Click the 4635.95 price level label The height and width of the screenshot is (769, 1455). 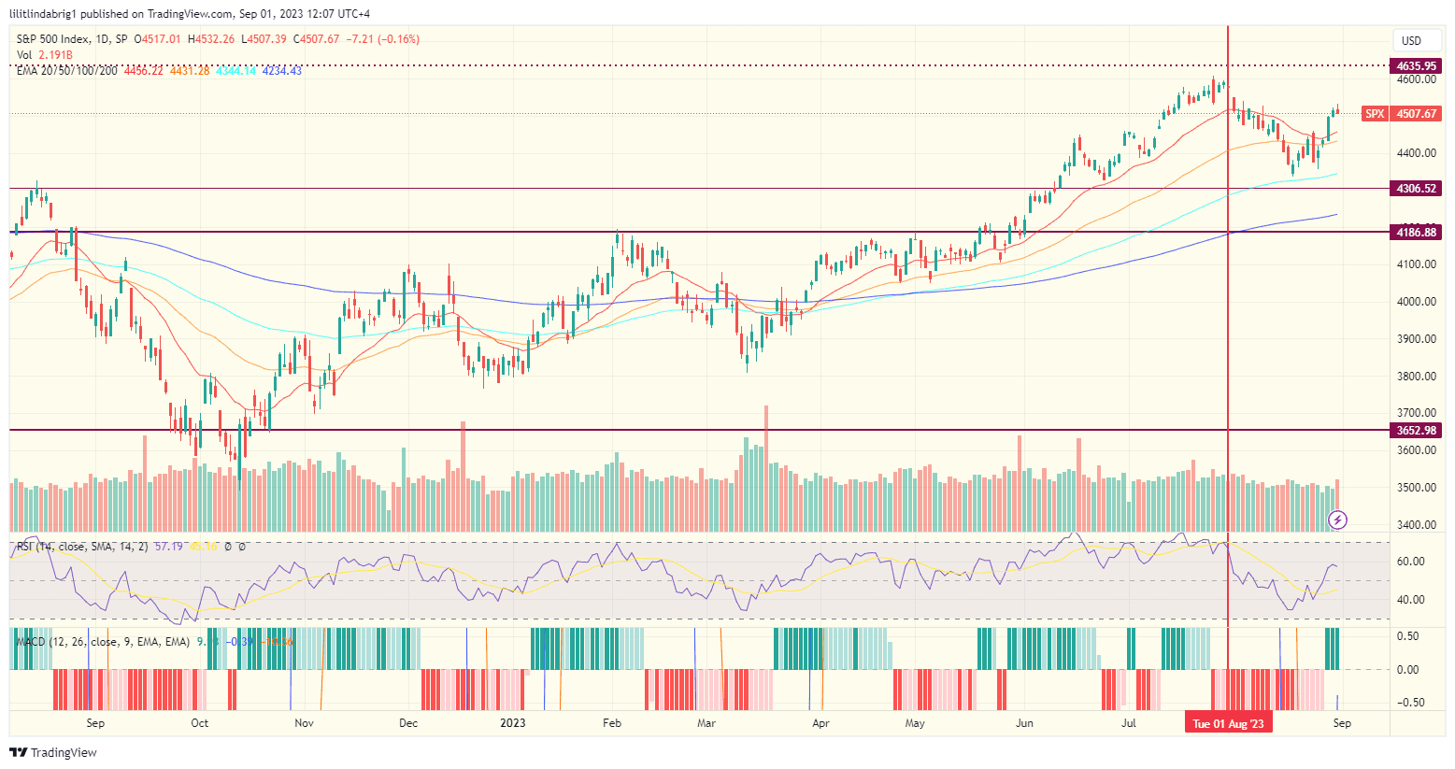coord(1416,66)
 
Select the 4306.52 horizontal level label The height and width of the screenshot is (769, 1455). coord(1416,189)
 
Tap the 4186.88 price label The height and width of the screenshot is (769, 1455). coord(1416,232)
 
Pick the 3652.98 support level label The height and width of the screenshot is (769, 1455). coord(1416,431)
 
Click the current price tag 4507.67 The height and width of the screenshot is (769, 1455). coord(1416,114)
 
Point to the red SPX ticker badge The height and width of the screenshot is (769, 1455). coord(1375,114)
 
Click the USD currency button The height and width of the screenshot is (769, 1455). coord(1411,40)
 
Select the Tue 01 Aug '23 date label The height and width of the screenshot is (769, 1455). coord(1228,724)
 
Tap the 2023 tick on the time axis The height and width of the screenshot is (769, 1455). coord(512,723)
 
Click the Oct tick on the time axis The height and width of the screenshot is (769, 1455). coord(199,723)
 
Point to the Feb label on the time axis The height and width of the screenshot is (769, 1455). coord(612,723)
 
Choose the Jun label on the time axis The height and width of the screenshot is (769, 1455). coord(1025,723)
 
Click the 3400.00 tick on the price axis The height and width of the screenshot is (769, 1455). coord(1417,525)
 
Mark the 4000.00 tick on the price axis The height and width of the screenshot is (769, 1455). coord(1417,302)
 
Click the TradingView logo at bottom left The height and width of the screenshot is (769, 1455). coord(54,752)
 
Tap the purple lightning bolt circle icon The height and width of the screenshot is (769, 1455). coord(1338,520)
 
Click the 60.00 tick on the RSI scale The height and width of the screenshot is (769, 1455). coord(1411,562)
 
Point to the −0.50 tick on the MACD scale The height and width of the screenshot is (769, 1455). coord(1410,703)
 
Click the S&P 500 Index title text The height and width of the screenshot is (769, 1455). coord(55,39)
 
